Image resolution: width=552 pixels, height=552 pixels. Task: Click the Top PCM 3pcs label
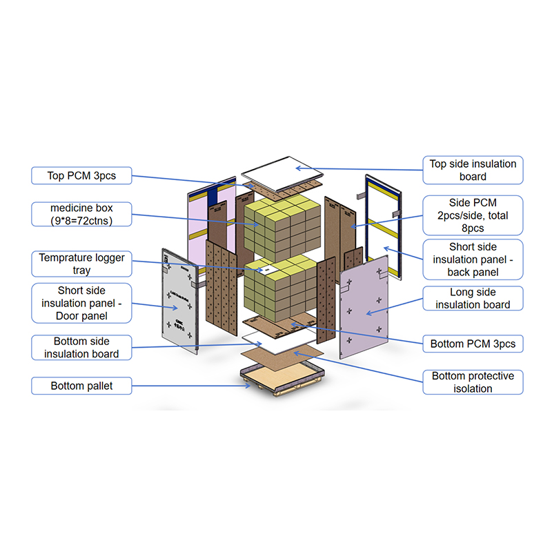pyautogui.click(x=81, y=176)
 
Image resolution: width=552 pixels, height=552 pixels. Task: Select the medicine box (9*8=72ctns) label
pyautogui.click(x=81, y=214)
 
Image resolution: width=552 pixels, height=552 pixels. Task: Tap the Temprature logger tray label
pyautogui.click(x=81, y=264)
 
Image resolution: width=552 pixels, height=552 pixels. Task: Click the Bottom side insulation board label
pyautogui.click(x=81, y=348)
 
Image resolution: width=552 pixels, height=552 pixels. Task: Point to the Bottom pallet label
pyautogui.click(x=81, y=386)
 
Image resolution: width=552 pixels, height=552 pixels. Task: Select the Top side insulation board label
pyautogui.click(x=473, y=170)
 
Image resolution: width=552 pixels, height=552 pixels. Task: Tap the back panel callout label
pyautogui.click(x=473, y=259)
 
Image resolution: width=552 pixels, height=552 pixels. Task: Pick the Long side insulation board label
pyautogui.click(x=473, y=298)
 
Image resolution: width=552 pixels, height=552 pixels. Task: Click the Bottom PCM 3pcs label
pyautogui.click(x=473, y=343)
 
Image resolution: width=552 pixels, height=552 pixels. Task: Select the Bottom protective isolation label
pyautogui.click(x=473, y=382)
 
